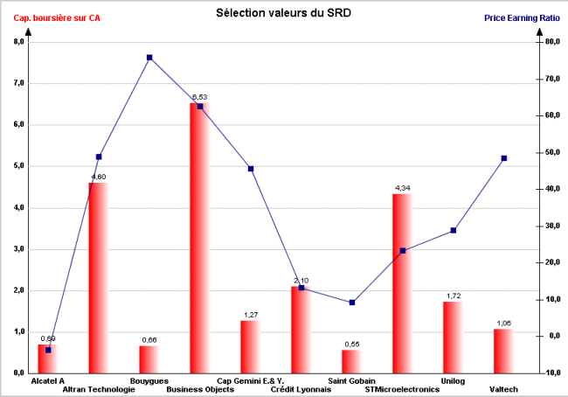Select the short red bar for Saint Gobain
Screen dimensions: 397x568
[x=351, y=361]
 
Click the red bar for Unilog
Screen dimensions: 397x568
[x=453, y=338]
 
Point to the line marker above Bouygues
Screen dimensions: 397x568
[x=149, y=58]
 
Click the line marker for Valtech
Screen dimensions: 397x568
[x=504, y=158]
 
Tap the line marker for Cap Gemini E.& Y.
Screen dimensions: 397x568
[x=251, y=169]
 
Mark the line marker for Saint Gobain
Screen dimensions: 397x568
[x=352, y=303]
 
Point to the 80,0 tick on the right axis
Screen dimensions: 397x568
[x=551, y=42]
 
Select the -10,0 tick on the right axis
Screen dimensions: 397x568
[x=551, y=373]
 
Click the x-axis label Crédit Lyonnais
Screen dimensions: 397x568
[x=302, y=389]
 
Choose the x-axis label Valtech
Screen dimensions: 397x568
[x=504, y=389]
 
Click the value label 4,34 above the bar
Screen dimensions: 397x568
[x=403, y=189]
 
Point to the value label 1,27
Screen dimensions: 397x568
[x=251, y=315]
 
